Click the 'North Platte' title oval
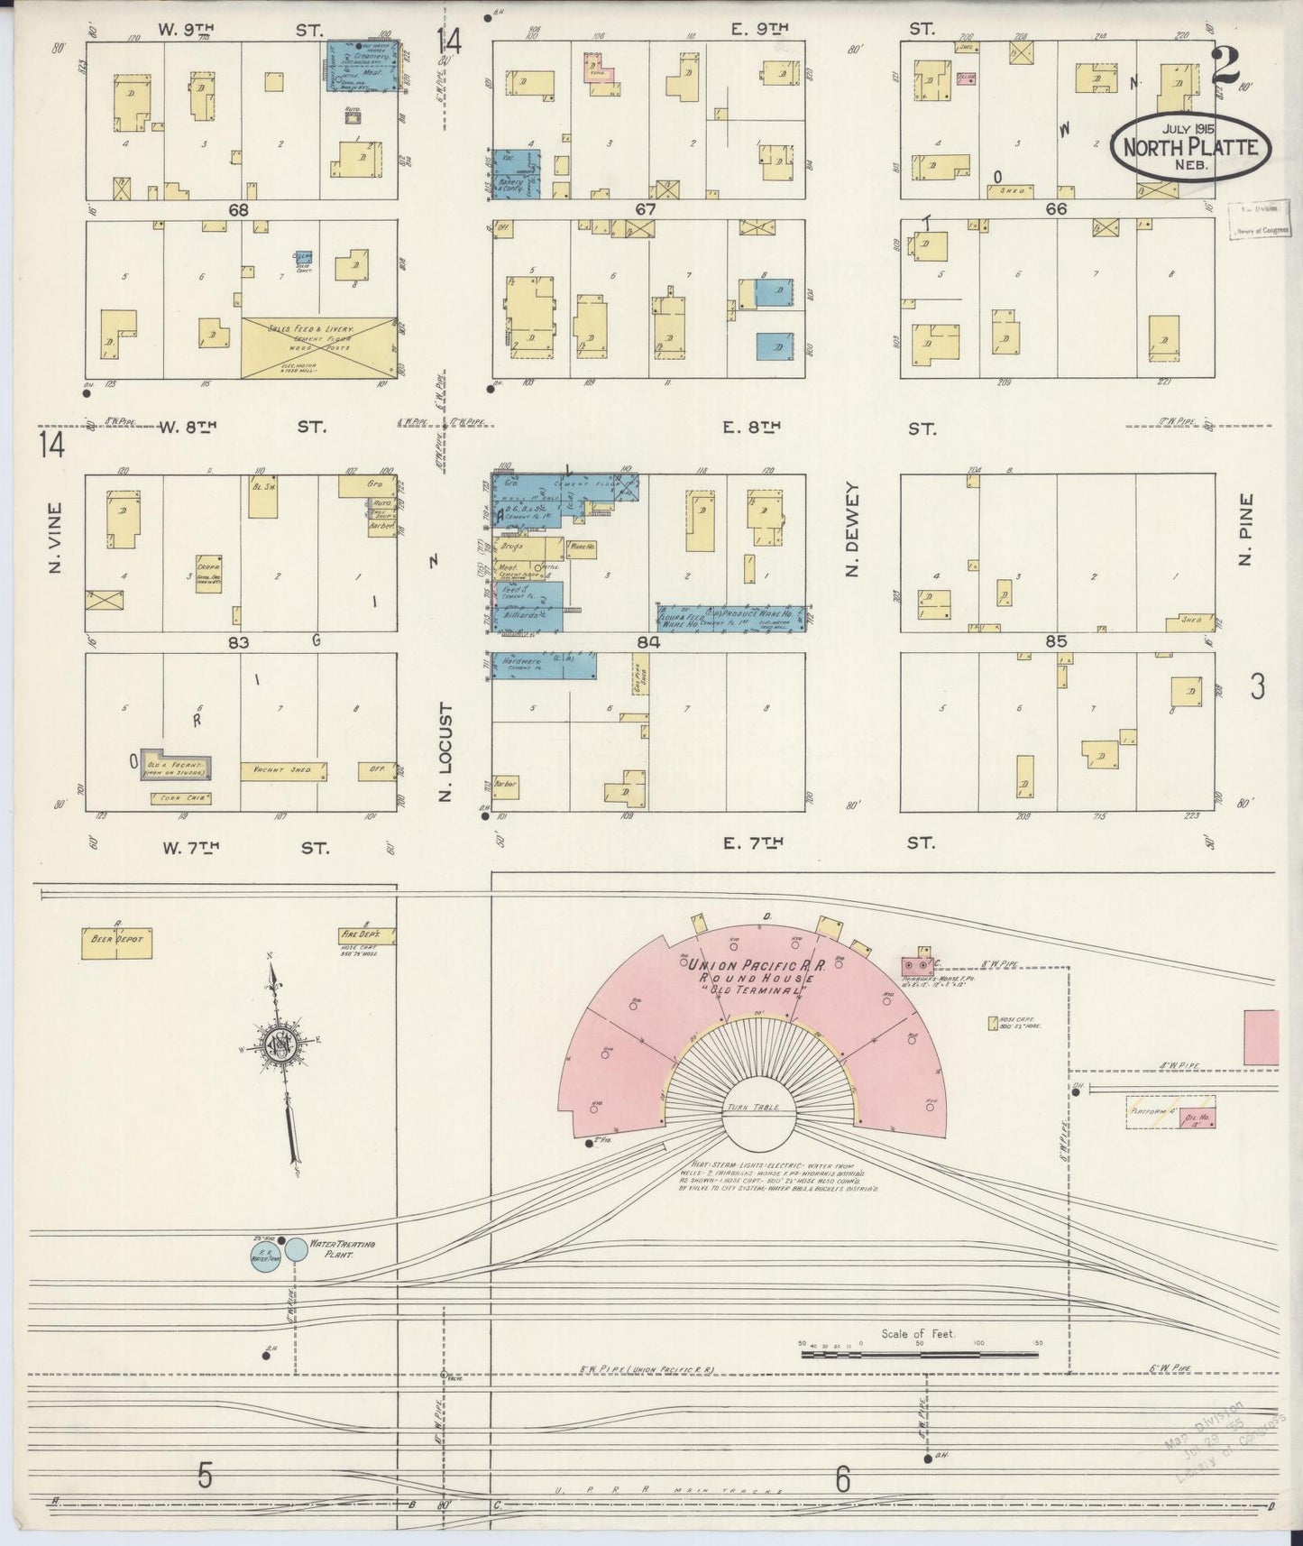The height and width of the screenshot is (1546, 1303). click(1190, 147)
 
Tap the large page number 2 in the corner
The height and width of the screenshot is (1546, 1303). click(1227, 64)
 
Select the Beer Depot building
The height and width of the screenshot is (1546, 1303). click(115, 943)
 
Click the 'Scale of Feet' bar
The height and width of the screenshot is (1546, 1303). click(920, 1354)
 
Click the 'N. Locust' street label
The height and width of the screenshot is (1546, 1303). click(444, 752)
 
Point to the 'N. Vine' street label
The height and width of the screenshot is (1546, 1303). click(54, 538)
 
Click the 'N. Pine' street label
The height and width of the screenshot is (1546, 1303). click(1248, 529)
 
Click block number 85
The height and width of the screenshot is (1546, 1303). click(1056, 641)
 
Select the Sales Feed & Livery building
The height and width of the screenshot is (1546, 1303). click(318, 347)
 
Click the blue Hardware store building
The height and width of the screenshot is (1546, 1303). click(544, 666)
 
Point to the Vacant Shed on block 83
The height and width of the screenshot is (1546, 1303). click(283, 771)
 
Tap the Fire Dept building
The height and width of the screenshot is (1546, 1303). click(359, 935)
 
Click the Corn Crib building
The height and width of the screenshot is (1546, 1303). click(180, 798)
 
